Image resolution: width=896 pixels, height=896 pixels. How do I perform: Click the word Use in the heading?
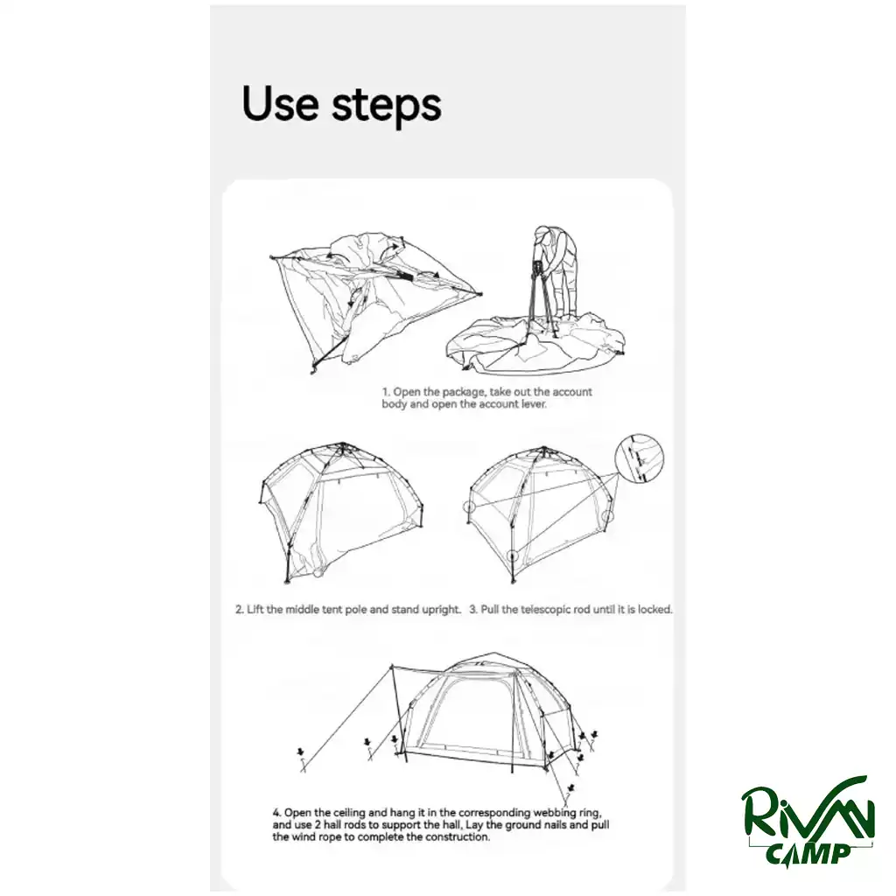pyautogui.click(x=281, y=103)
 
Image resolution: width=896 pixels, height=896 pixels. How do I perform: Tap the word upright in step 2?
pyautogui.click(x=441, y=610)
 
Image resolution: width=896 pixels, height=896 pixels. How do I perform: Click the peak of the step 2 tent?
pyautogui.click(x=342, y=444)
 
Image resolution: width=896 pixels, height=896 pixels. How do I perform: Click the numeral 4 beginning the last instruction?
pyautogui.click(x=276, y=813)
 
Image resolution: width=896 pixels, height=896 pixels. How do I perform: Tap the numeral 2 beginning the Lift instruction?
pyautogui.click(x=240, y=610)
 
